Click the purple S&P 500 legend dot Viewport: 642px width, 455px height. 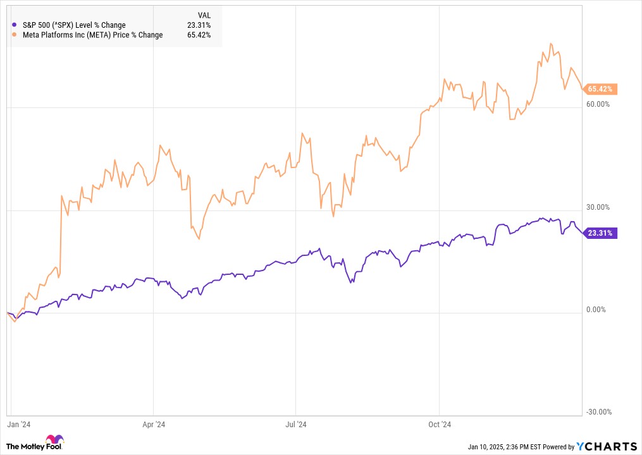coord(15,25)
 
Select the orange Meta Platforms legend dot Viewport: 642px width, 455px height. coord(15,35)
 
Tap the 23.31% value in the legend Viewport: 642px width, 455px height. coord(199,25)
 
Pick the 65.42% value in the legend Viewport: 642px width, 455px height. coord(199,35)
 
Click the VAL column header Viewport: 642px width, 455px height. coord(204,16)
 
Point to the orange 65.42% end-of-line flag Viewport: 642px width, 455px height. coord(600,89)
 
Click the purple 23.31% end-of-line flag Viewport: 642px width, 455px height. coord(600,233)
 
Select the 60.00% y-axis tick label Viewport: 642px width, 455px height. coord(598,104)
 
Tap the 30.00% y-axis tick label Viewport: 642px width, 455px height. coord(598,207)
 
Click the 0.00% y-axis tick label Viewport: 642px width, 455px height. coord(596,310)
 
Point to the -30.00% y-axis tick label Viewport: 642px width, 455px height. coord(598,412)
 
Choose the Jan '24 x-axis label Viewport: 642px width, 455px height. coord(18,424)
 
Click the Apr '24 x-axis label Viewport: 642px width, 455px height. coord(154,424)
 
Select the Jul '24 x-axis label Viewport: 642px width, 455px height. coord(295,424)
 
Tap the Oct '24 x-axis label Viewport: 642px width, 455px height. coord(440,424)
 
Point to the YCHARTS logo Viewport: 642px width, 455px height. coord(607,446)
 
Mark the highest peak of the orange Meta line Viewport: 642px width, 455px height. coord(551,44)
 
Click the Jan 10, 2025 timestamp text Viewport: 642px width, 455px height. coord(505,447)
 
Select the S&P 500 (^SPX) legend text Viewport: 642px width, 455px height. coord(74,25)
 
